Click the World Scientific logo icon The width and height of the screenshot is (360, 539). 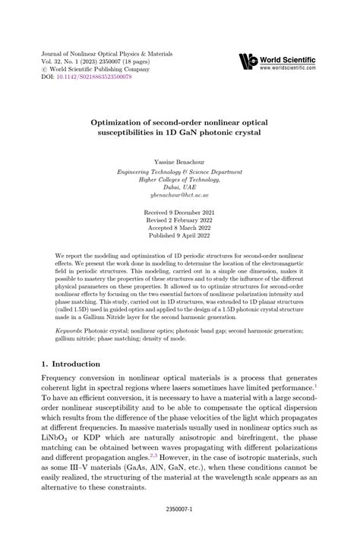pyautogui.click(x=248, y=61)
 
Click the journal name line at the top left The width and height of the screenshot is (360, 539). pyautogui.click(x=107, y=55)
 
